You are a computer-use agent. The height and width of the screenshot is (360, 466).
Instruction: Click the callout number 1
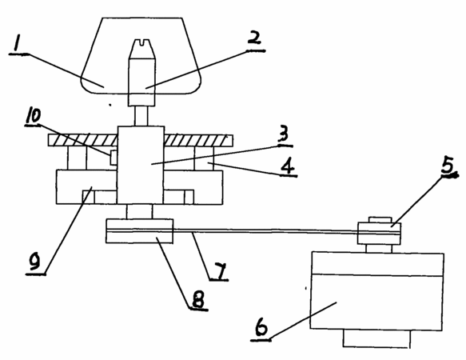pyautogui.click(x=16, y=43)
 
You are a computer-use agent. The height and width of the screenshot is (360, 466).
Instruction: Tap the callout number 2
pyautogui.click(x=254, y=39)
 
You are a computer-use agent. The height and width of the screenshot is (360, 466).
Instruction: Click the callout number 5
pyautogui.click(x=448, y=166)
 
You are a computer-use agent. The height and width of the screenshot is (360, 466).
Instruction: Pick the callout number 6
pyautogui.click(x=261, y=326)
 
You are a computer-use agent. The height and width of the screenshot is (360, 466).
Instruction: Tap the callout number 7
pyautogui.click(x=219, y=271)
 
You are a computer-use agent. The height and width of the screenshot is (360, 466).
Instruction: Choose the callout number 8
pyautogui.click(x=198, y=300)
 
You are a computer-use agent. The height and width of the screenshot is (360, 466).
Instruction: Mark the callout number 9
pyautogui.click(x=34, y=262)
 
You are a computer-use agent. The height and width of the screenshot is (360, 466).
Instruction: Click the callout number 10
pyautogui.click(x=34, y=115)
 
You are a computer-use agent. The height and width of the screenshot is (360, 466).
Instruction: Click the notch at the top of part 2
pyautogui.click(x=141, y=43)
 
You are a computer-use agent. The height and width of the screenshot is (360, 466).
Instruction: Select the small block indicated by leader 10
pyautogui.click(x=114, y=158)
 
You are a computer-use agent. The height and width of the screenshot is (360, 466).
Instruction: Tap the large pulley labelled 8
pyautogui.click(x=139, y=231)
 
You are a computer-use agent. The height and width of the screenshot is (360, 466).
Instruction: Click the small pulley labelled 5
pyautogui.click(x=379, y=234)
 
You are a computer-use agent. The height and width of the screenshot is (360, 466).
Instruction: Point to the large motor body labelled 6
pyautogui.click(x=377, y=291)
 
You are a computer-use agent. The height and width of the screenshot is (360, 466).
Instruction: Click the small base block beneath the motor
pyautogui.click(x=376, y=338)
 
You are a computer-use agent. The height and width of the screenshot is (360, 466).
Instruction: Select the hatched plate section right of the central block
pyautogui.click(x=198, y=141)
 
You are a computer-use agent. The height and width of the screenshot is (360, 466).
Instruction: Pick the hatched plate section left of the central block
pyautogui.click(x=83, y=140)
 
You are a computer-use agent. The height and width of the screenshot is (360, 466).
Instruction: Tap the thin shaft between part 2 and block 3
pyautogui.click(x=141, y=116)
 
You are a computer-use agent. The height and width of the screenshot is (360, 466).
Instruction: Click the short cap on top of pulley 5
pyautogui.click(x=380, y=220)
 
